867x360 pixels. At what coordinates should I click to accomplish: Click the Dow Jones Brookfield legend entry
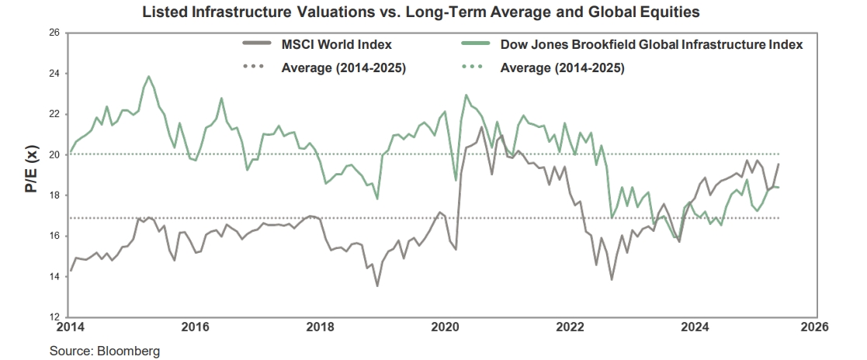(651, 45)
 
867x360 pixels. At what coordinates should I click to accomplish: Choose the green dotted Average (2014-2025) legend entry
(563, 67)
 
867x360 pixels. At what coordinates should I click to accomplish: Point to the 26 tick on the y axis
(54, 33)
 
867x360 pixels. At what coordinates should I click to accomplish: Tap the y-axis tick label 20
(54, 154)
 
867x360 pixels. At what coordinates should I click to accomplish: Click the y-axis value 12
(54, 317)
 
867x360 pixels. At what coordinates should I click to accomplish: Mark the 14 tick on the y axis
(54, 276)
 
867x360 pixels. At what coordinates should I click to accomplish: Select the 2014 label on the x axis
(69, 327)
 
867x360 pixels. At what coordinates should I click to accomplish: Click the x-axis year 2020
(445, 327)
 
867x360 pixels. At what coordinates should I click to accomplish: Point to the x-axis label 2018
(320, 327)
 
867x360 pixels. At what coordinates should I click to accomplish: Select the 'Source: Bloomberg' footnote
(105, 351)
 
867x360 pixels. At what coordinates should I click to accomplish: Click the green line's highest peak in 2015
(148, 76)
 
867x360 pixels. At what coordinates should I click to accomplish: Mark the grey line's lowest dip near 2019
(377, 286)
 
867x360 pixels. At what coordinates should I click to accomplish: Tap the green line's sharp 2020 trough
(456, 180)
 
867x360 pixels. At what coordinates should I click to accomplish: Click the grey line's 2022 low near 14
(612, 279)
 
